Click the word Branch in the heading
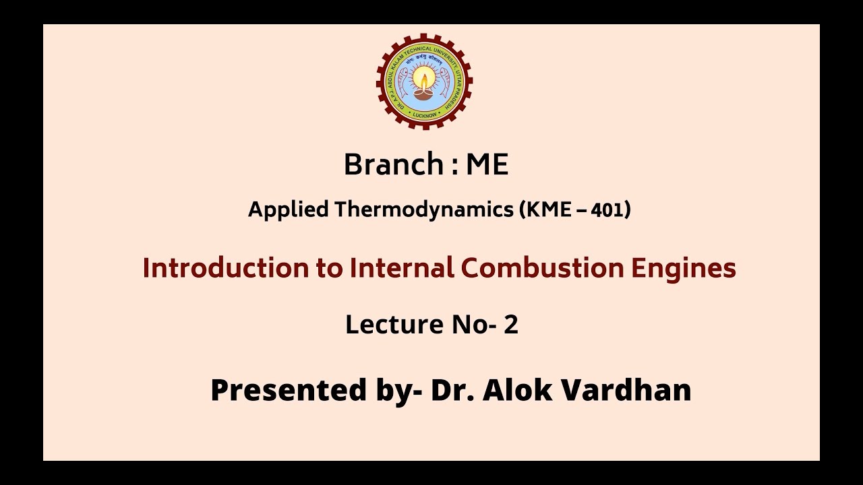tap(392, 164)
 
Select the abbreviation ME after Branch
tap(487, 164)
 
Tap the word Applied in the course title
tap(289, 210)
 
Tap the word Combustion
tap(543, 268)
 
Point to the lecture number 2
tap(511, 325)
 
